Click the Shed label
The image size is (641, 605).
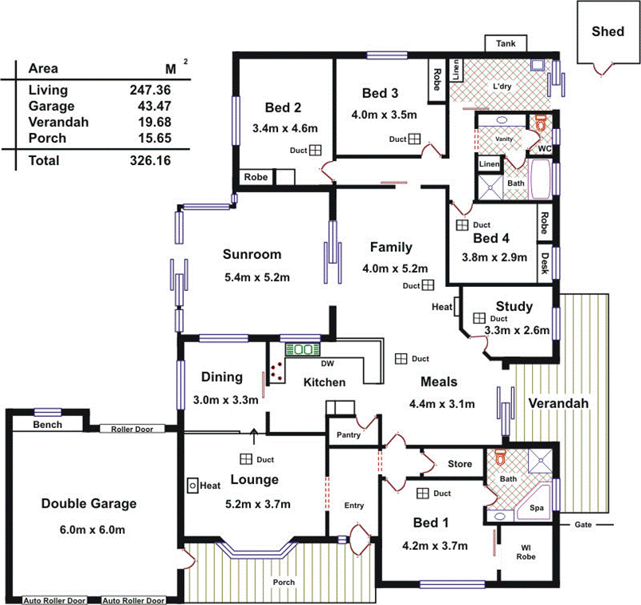[608, 32]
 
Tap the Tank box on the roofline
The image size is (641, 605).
[506, 43]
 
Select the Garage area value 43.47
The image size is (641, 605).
[154, 106]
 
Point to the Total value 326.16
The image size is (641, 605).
[150, 160]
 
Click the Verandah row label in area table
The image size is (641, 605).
[58, 122]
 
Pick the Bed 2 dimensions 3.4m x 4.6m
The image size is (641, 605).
[285, 128]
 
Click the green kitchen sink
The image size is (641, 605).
[303, 350]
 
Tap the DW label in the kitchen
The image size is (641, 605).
[327, 363]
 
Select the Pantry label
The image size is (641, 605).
[348, 434]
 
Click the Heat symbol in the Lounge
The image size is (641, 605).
[193, 485]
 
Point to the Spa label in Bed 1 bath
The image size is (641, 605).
[537, 508]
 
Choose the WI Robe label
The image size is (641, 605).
[526, 552]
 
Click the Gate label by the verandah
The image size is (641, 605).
[583, 524]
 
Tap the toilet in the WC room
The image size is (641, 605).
[541, 122]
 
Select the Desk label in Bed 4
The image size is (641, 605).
[545, 263]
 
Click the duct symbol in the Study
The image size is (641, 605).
[479, 318]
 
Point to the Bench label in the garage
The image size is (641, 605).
[48, 425]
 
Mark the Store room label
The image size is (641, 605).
[460, 464]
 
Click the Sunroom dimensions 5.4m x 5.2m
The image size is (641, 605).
[257, 277]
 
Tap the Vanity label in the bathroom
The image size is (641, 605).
[503, 139]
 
